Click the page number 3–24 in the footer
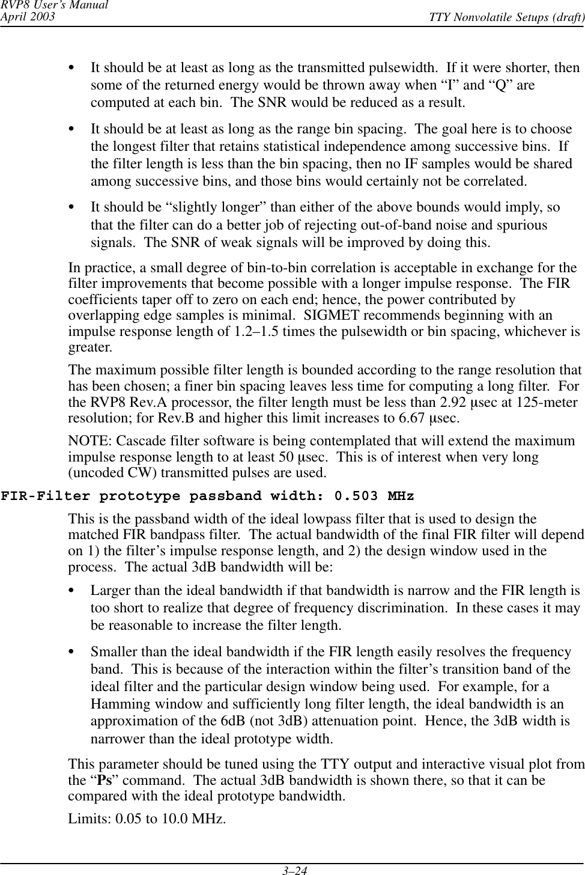[292, 869]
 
